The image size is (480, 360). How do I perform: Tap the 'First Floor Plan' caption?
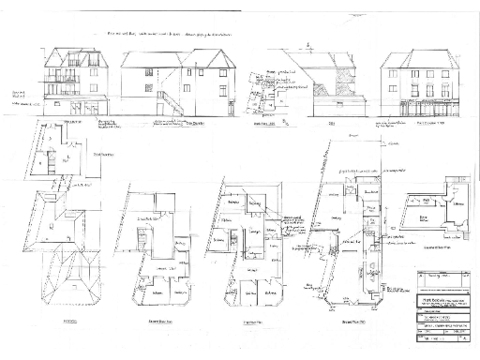click(x=252, y=321)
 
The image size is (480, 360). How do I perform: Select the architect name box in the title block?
click(x=441, y=308)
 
